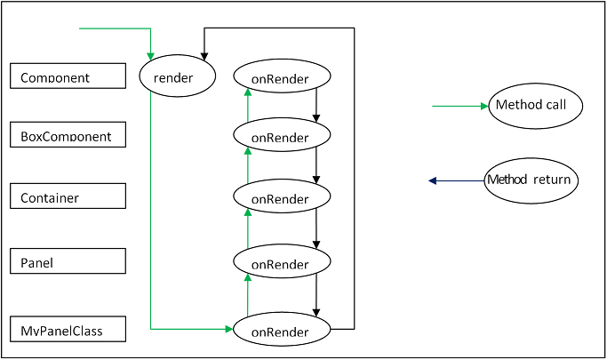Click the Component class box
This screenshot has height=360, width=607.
click(x=68, y=76)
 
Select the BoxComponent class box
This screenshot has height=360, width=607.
click(x=68, y=135)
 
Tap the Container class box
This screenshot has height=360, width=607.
click(x=68, y=196)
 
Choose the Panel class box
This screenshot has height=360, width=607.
click(x=68, y=261)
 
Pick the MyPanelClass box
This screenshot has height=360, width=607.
click(x=68, y=330)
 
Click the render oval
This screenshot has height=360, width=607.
click(x=179, y=76)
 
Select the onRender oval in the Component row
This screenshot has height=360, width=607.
click(x=281, y=77)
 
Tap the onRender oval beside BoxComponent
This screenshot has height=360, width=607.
click(x=281, y=136)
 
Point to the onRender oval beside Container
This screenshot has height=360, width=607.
click(x=281, y=197)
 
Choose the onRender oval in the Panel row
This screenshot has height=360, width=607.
click(x=281, y=262)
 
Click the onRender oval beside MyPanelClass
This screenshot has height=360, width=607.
click(x=281, y=331)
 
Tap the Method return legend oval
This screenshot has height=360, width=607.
click(x=531, y=180)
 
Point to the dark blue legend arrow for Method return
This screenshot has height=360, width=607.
click(x=456, y=180)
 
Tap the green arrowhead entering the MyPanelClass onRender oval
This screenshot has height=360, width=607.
click(x=228, y=329)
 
